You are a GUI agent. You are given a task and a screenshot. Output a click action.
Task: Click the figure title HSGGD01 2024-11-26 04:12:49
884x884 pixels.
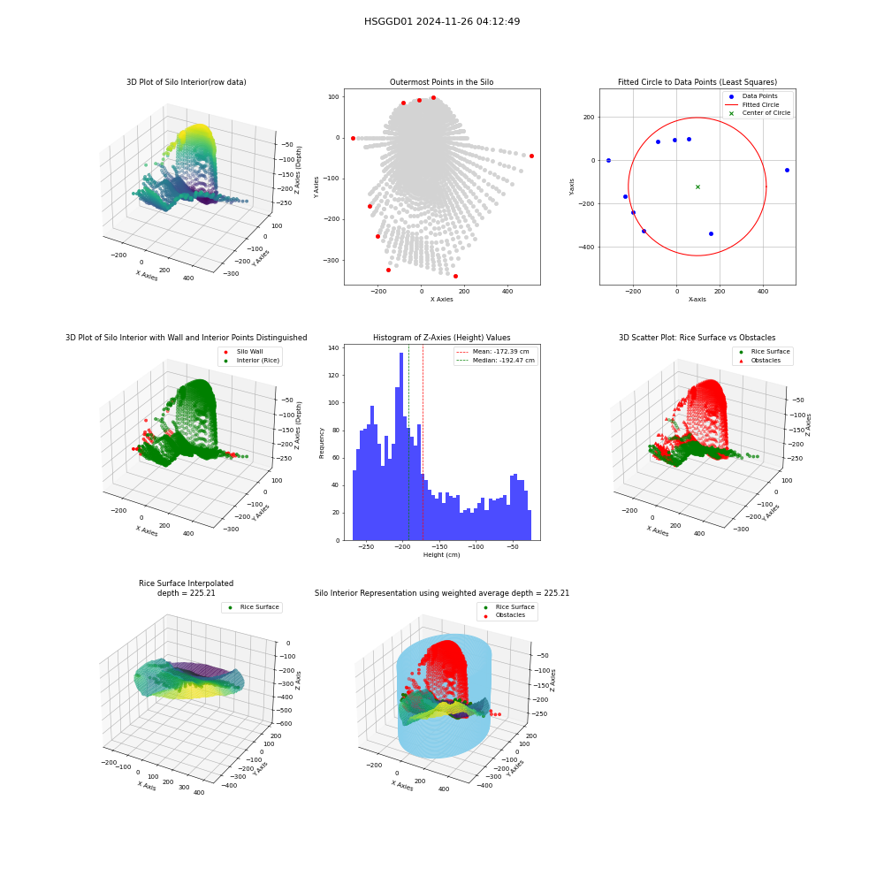[442, 21]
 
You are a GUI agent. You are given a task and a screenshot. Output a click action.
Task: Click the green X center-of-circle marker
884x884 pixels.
[698, 187]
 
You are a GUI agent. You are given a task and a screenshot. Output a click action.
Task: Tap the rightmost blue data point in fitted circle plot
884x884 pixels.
[787, 170]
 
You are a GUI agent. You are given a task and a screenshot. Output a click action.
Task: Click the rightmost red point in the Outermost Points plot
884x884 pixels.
[531, 156]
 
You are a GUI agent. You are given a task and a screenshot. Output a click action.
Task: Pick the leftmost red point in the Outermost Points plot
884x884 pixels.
[353, 138]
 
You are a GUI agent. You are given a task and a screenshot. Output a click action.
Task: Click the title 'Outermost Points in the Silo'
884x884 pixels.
[442, 82]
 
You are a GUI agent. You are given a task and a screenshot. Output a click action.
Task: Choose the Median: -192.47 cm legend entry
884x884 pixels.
[496, 361]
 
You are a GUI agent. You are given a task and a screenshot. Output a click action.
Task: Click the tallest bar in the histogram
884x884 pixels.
[401, 446]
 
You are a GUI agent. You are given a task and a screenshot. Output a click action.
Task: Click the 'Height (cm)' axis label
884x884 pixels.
[442, 555]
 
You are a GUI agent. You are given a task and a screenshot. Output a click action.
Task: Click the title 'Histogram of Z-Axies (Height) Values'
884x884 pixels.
[442, 338]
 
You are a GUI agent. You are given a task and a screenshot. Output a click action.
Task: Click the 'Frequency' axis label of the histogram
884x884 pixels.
[322, 443]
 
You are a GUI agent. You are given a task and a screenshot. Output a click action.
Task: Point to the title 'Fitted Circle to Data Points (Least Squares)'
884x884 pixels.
[697, 82]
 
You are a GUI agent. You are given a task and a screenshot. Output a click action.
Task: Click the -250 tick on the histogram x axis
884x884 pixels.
[366, 546]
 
